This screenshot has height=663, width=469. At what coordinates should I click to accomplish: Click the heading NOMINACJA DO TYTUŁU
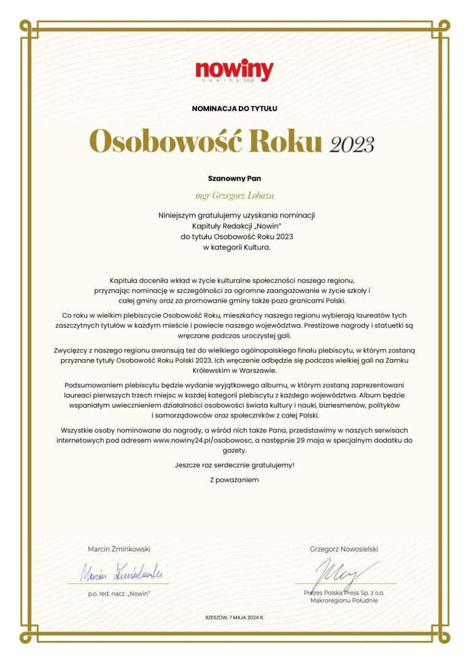point(234,109)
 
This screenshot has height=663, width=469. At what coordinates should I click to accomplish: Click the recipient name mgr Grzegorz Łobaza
point(234,196)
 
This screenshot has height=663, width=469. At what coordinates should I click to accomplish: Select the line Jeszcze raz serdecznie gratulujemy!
point(234,465)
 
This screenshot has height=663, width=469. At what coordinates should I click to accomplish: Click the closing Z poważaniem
point(234,479)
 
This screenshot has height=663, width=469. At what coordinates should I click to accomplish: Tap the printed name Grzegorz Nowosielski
point(344,549)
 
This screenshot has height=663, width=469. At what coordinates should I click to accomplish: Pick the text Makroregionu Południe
point(344,600)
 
